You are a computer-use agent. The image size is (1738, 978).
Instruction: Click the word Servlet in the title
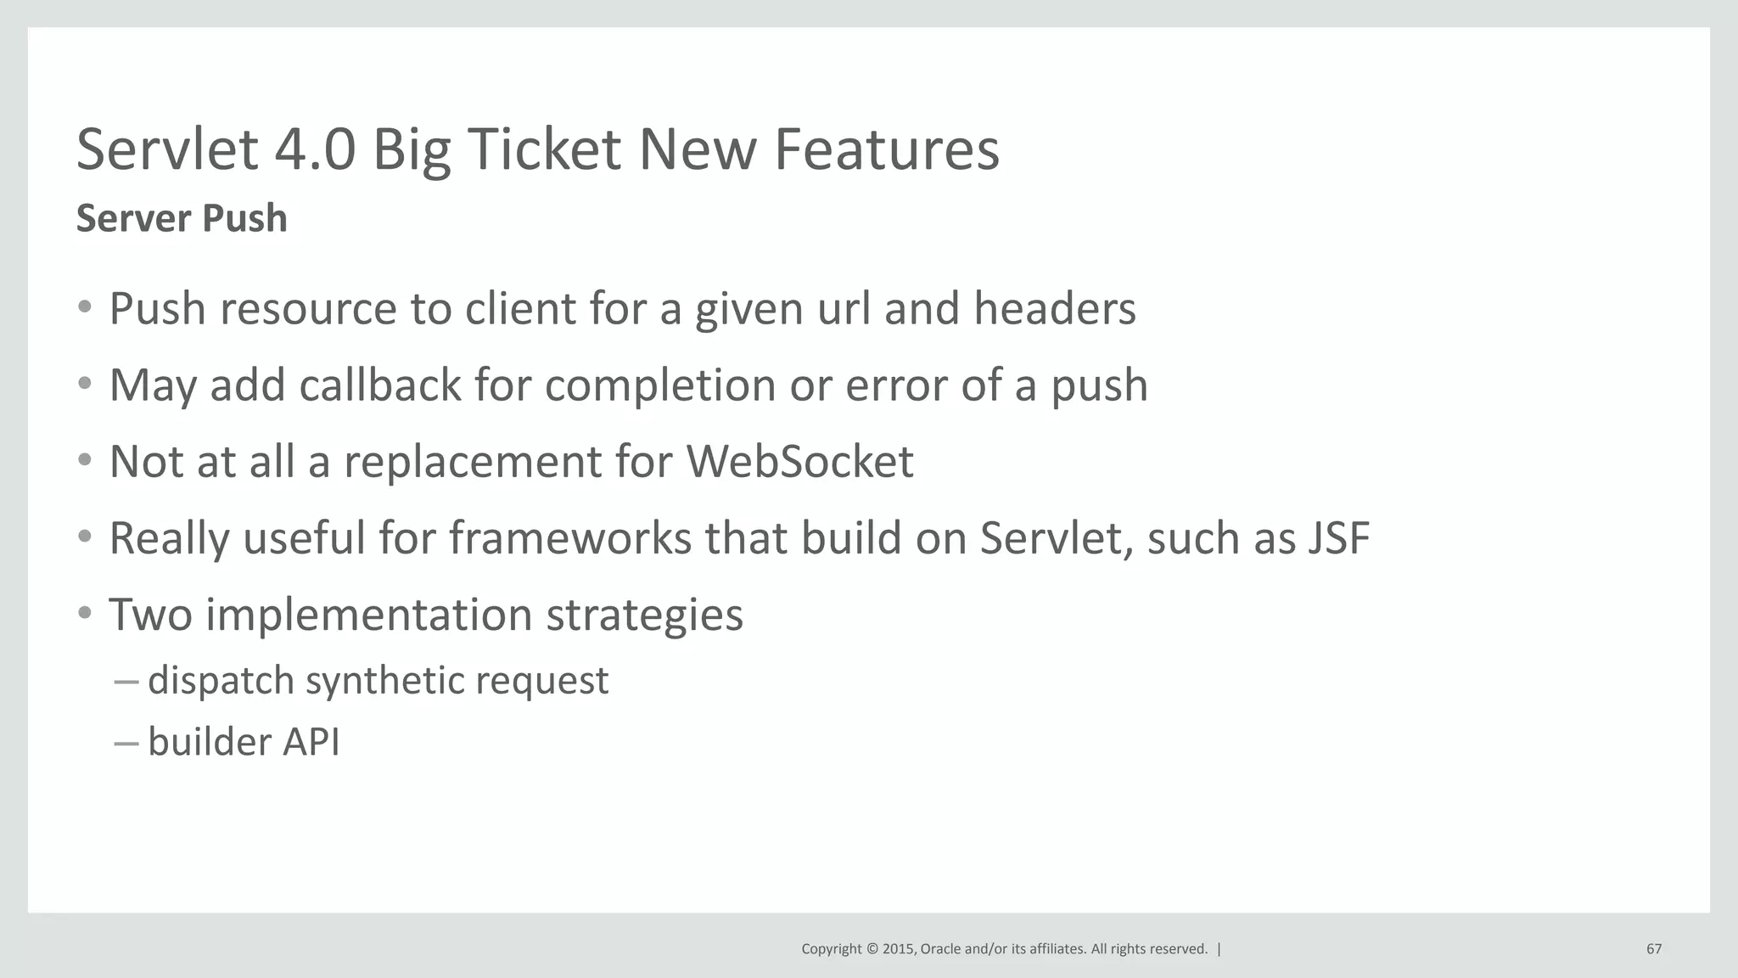point(167,149)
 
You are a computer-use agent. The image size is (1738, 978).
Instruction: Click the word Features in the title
point(886,149)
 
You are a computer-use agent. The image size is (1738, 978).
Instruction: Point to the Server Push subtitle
point(182,218)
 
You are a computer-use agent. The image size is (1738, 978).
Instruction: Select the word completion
point(659,386)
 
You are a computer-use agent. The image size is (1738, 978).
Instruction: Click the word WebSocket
point(799,462)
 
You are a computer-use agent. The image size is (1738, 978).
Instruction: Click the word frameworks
point(570,538)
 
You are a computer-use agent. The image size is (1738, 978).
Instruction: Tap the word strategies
point(644,615)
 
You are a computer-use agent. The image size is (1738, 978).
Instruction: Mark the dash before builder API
point(125,742)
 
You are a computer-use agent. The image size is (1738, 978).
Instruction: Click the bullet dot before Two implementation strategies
point(84,613)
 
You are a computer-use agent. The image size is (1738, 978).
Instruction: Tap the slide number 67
point(1653,949)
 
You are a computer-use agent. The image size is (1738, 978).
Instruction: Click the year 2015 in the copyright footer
point(898,949)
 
